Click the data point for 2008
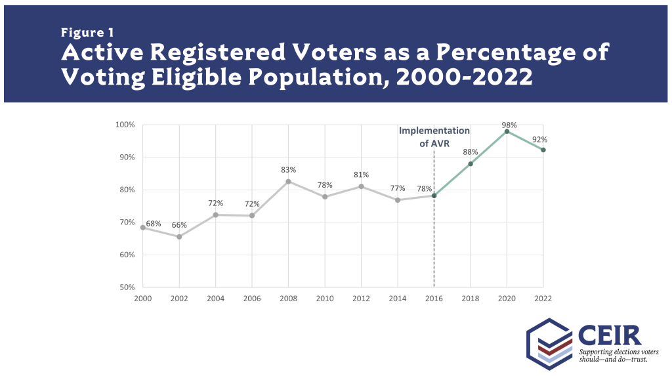tap(288, 181)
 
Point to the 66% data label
tap(179, 225)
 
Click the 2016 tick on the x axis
tap(434, 298)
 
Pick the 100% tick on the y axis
tap(126, 125)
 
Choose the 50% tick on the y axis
tap(127, 287)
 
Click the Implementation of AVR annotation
tap(434, 136)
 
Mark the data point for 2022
tap(543, 150)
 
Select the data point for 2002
tap(179, 236)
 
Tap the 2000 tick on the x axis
tap(143, 298)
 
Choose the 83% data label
tap(288, 169)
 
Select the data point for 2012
tap(361, 186)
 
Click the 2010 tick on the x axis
tap(324, 298)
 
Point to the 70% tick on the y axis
tap(127, 222)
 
